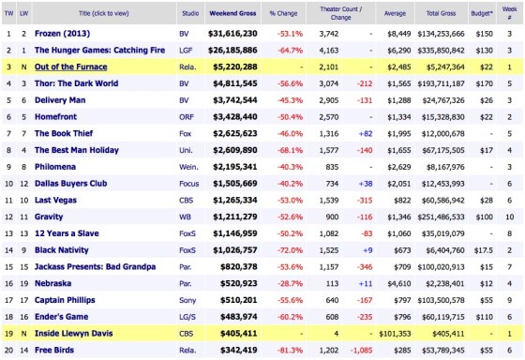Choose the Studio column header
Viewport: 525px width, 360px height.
pyautogui.click(x=193, y=13)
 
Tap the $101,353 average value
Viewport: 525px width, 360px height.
pyautogui.click(x=418, y=332)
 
